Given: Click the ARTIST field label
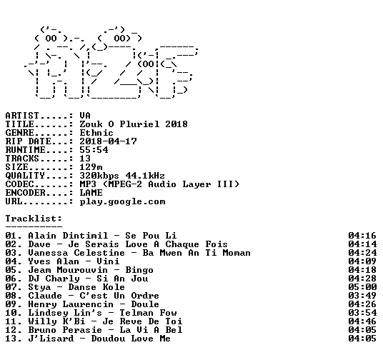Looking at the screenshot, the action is coord(22,116).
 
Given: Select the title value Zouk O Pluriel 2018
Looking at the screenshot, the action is coord(134,124).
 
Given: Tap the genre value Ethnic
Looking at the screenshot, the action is coord(96,133).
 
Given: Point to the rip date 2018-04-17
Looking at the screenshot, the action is coord(108,141).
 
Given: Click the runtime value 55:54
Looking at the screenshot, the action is coord(94,150).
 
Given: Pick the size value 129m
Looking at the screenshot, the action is coord(91,167).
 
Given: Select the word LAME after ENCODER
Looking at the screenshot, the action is coord(91,193).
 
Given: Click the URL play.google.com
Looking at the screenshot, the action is coord(123,201).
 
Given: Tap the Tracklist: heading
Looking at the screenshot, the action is coord(34,219).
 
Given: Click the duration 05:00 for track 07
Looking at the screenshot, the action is coord(362,287).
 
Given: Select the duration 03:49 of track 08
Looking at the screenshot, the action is coord(362,296).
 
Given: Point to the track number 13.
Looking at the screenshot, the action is coord(11,339).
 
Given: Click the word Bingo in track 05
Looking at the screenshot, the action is coord(139,270).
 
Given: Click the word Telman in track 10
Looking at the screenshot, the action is coord(136,313).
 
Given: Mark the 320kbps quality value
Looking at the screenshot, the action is coord(99,176).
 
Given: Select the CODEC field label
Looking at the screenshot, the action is coord(19,184).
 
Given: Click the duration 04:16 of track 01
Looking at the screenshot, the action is coord(362,236).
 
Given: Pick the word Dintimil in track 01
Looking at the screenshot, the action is coord(85,236).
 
